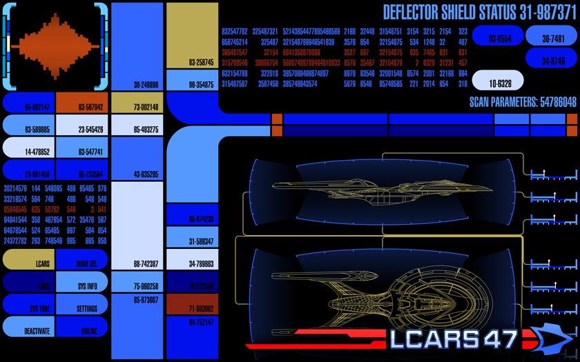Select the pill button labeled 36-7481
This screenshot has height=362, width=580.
point(551,36)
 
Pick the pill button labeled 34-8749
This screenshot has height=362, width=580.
point(551,58)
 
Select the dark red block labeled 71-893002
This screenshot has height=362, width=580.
point(192,303)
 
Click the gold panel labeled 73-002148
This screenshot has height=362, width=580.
point(137,103)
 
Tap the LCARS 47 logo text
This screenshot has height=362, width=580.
point(453,339)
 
